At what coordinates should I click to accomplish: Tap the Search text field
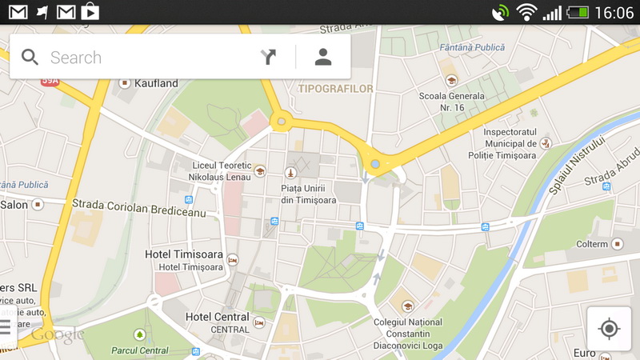(x=144, y=58)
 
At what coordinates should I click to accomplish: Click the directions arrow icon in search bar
(x=268, y=57)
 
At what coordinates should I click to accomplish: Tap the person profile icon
(x=323, y=57)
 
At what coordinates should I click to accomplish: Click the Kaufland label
(x=156, y=83)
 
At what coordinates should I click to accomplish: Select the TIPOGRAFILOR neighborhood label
(x=335, y=89)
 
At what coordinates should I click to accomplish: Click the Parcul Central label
(x=140, y=350)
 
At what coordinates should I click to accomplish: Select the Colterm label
(x=592, y=243)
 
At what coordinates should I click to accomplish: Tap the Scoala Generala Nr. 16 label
(x=452, y=101)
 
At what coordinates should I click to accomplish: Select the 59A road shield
(x=50, y=80)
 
